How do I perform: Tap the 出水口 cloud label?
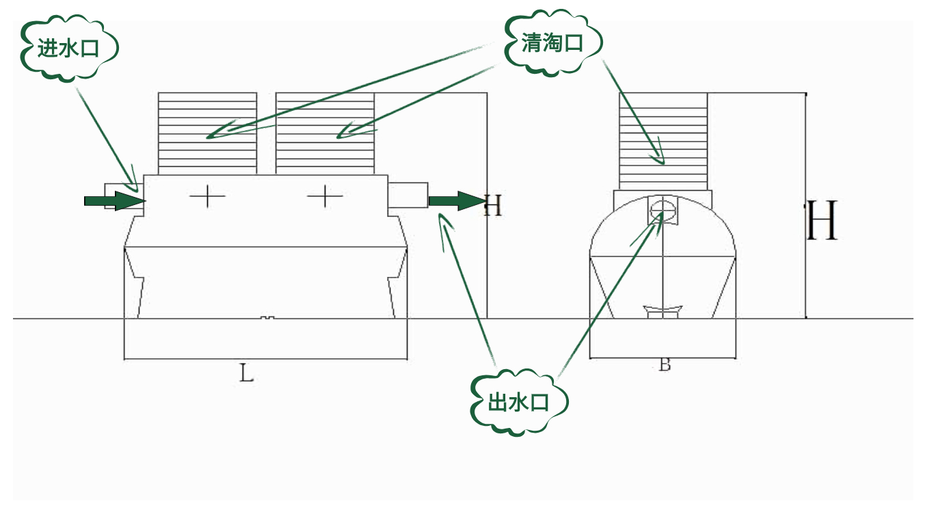click(x=519, y=403)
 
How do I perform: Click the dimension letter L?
click(x=246, y=373)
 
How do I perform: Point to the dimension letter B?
click(x=665, y=365)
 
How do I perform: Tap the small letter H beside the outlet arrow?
click(x=493, y=205)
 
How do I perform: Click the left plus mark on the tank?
click(x=207, y=197)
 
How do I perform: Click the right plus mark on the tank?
click(x=325, y=197)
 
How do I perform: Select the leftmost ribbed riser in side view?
click(x=207, y=133)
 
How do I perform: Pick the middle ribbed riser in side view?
click(x=325, y=133)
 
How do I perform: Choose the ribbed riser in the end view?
click(x=663, y=140)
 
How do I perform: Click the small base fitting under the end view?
click(x=663, y=312)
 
